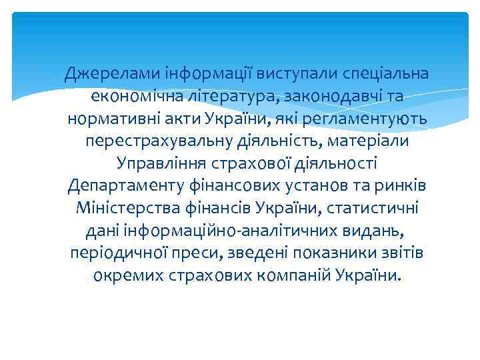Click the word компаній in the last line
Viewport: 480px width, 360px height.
click(x=294, y=277)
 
